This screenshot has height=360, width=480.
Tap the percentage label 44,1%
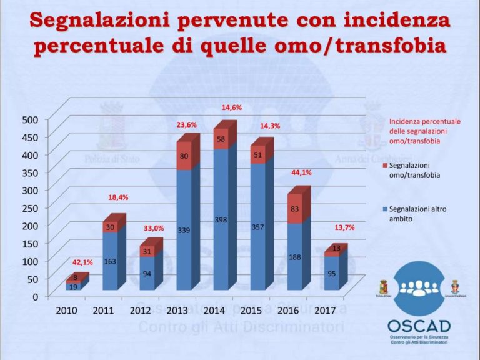(302, 172)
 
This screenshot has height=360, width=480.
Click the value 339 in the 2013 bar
(184, 231)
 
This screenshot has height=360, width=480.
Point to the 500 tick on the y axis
(31, 119)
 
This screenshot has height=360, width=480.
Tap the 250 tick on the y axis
(31, 207)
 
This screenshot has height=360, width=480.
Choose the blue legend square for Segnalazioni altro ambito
(384, 209)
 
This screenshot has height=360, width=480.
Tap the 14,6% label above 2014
(231, 107)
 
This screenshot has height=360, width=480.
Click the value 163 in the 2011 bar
(110, 262)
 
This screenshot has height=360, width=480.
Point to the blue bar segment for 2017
(331, 275)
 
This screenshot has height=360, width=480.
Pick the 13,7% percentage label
(344, 227)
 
